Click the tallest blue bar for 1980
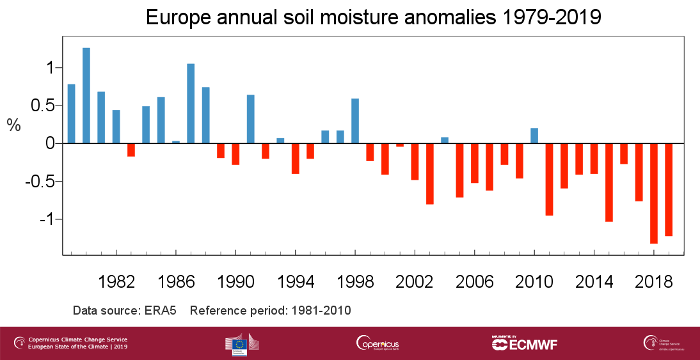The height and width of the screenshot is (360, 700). pyautogui.click(x=86, y=96)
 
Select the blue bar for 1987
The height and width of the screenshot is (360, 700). pyautogui.click(x=191, y=104)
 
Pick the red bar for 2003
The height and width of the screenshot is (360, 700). pyautogui.click(x=430, y=173)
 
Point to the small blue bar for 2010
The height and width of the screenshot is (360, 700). pyautogui.click(x=534, y=136)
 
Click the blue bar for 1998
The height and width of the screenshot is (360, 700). pyautogui.click(x=355, y=121)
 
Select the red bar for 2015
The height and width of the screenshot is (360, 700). pyautogui.click(x=609, y=182)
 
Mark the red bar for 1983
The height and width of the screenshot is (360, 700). pyautogui.click(x=131, y=150)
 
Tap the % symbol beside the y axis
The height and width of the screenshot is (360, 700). pyautogui.click(x=14, y=125)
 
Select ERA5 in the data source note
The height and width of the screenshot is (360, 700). pyautogui.click(x=162, y=311)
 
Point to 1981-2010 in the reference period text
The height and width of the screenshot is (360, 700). pyautogui.click(x=321, y=311)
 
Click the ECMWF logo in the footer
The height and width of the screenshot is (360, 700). pyautogui.click(x=525, y=343)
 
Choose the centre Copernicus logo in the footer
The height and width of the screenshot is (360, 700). pyautogui.click(x=378, y=343)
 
